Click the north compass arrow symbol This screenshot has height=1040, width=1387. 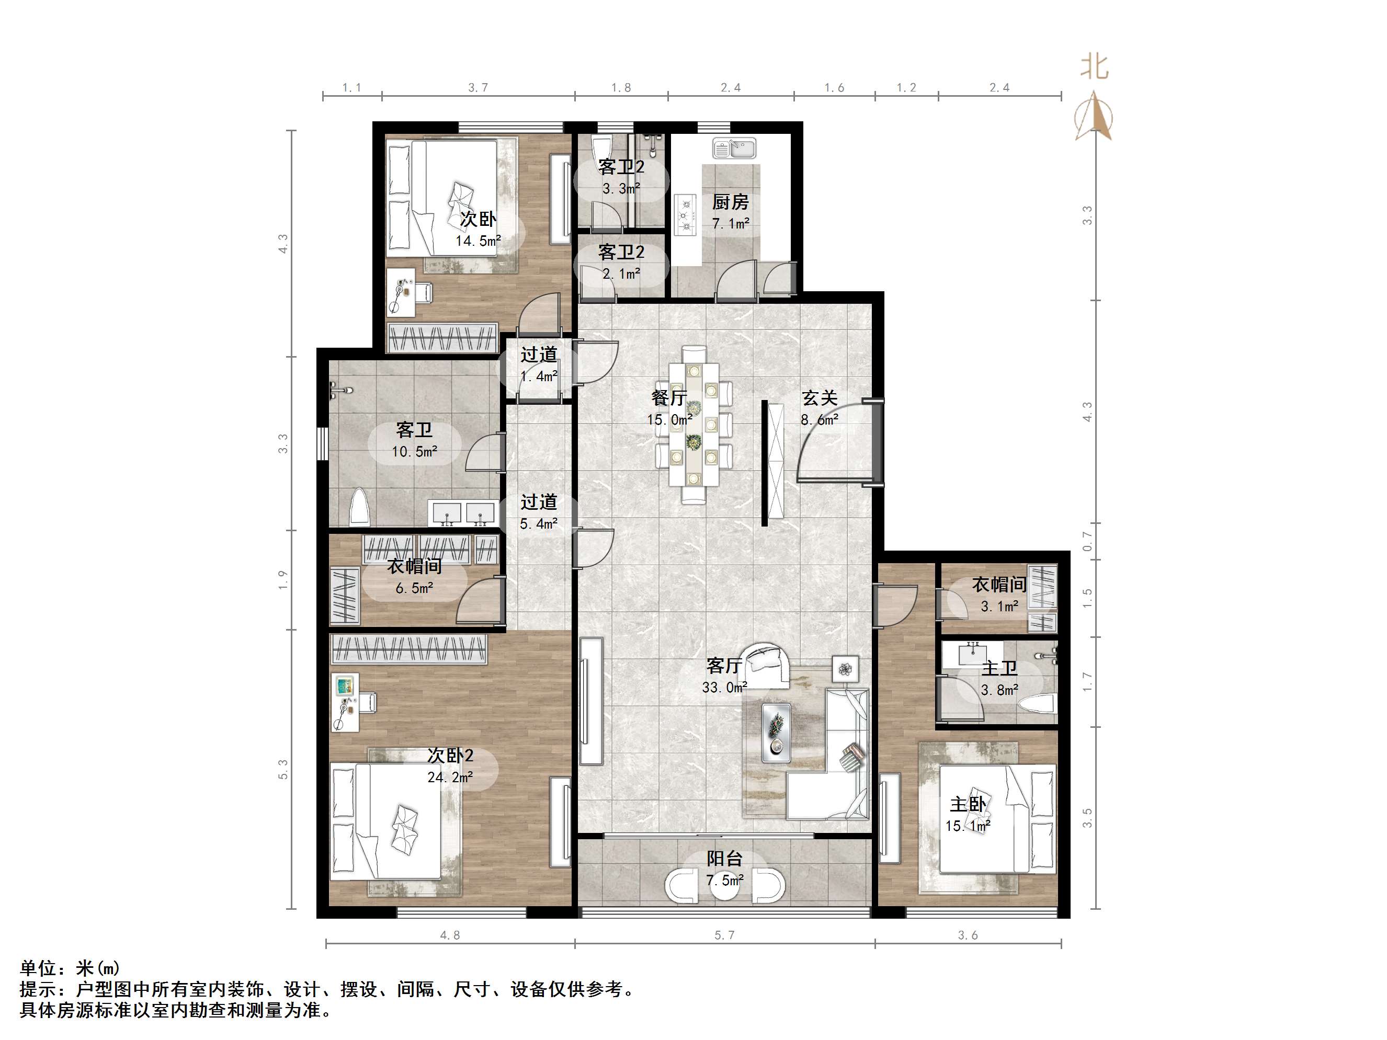pyautogui.click(x=1094, y=116)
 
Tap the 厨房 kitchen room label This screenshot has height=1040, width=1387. pyautogui.click(x=731, y=202)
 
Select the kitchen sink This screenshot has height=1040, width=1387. pyautogui.click(x=734, y=149)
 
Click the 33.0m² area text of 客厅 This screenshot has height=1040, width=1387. pyautogui.click(x=724, y=688)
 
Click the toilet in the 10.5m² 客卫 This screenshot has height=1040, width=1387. pyautogui.click(x=359, y=507)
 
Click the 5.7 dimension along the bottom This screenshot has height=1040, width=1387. pyautogui.click(x=724, y=936)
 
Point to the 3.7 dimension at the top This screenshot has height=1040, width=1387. pyautogui.click(x=478, y=88)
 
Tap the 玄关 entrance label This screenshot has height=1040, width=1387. pyautogui.click(x=820, y=398)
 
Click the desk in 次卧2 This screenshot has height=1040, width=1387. pyautogui.click(x=346, y=703)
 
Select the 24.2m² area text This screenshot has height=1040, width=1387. pyautogui.click(x=450, y=778)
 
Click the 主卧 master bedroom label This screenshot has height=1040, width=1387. pyautogui.click(x=968, y=804)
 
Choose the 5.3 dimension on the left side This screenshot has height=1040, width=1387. pyautogui.click(x=283, y=769)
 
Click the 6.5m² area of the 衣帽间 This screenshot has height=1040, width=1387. pyautogui.click(x=414, y=589)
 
